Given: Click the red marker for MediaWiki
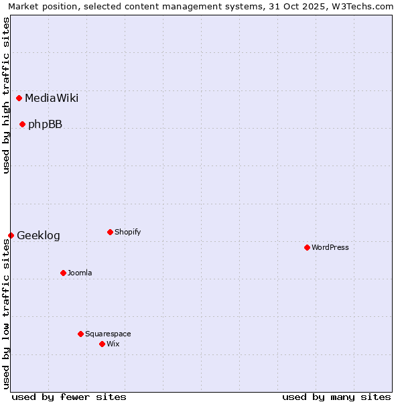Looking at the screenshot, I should (19, 98).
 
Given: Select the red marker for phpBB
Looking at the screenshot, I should (22, 124).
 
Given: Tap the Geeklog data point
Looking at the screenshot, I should (11, 235).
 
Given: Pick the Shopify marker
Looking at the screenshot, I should (110, 232).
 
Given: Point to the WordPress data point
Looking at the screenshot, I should (307, 247).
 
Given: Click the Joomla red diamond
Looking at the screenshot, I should (63, 273).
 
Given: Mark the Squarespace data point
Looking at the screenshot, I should (80, 334).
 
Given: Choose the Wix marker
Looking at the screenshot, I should (102, 344).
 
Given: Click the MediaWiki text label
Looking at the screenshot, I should (52, 98).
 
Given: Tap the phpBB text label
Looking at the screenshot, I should (45, 124).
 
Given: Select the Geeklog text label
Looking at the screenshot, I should (38, 235).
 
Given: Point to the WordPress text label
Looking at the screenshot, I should (330, 247).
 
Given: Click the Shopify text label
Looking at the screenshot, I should (127, 232).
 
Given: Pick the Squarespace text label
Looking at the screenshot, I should (108, 334).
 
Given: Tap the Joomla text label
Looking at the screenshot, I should (80, 273).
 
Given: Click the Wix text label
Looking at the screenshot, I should (113, 344).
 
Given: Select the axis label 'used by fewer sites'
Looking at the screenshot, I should (69, 397).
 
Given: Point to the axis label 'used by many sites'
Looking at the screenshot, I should (336, 397).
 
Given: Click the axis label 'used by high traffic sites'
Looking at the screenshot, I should (6, 95).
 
